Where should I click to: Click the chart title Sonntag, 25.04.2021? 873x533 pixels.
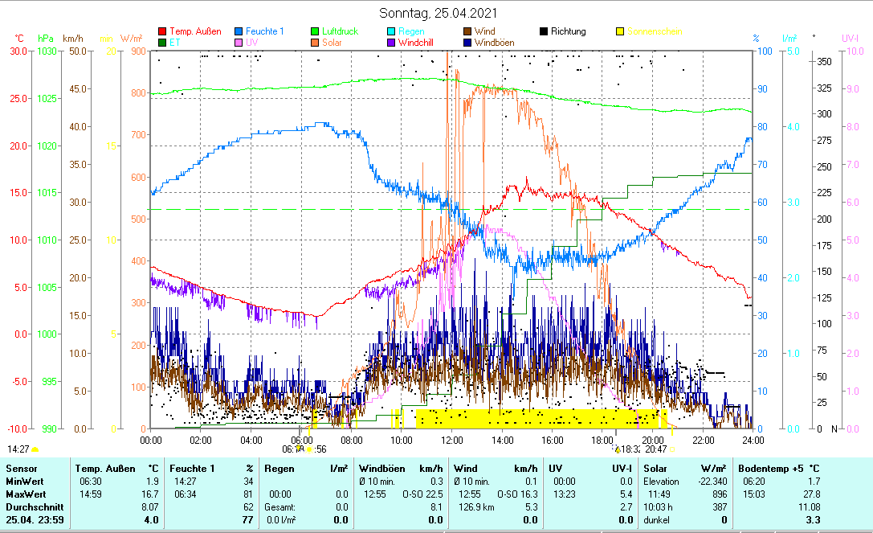coord(439,13)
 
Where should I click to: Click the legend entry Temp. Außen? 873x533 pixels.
coord(195,31)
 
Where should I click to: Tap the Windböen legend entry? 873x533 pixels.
coord(494,43)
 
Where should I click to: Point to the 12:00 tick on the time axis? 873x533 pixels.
coord(451,440)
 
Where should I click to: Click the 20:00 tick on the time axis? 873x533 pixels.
coord(652,440)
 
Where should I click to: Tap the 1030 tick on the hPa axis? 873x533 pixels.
coord(47,51)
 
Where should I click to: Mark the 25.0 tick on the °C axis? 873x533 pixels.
coord(16,98)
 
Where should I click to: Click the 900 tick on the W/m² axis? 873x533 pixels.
coord(137,51)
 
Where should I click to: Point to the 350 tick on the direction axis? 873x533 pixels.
coord(823,61)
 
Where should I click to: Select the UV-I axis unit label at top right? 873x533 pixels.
coord(851,38)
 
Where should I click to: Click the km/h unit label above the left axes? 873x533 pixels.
coord(73,38)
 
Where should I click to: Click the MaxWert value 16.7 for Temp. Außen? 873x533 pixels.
coord(149,494)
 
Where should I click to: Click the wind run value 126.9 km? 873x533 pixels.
coord(472,507)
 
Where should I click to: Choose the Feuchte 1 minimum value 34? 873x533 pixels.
coord(248,481)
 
